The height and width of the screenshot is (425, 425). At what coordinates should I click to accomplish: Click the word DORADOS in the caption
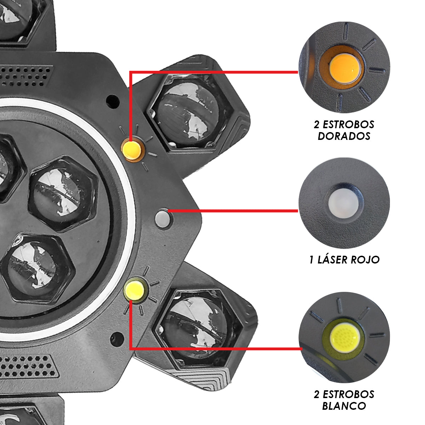[344, 136]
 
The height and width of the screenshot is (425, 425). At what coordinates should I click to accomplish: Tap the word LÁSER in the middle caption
[332, 260]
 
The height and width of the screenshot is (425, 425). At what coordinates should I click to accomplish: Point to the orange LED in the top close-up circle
[345, 69]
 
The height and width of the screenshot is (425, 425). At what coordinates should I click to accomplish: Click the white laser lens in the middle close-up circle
[344, 203]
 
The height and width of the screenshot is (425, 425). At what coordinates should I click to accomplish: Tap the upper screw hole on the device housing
[113, 101]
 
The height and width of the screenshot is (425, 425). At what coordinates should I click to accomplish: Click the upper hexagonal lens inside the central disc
[63, 194]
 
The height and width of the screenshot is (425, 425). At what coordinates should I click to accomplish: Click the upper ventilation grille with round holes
[26, 76]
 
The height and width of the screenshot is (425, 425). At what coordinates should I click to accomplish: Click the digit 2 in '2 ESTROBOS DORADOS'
[317, 125]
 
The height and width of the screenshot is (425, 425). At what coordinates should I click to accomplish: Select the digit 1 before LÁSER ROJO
[311, 260]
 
